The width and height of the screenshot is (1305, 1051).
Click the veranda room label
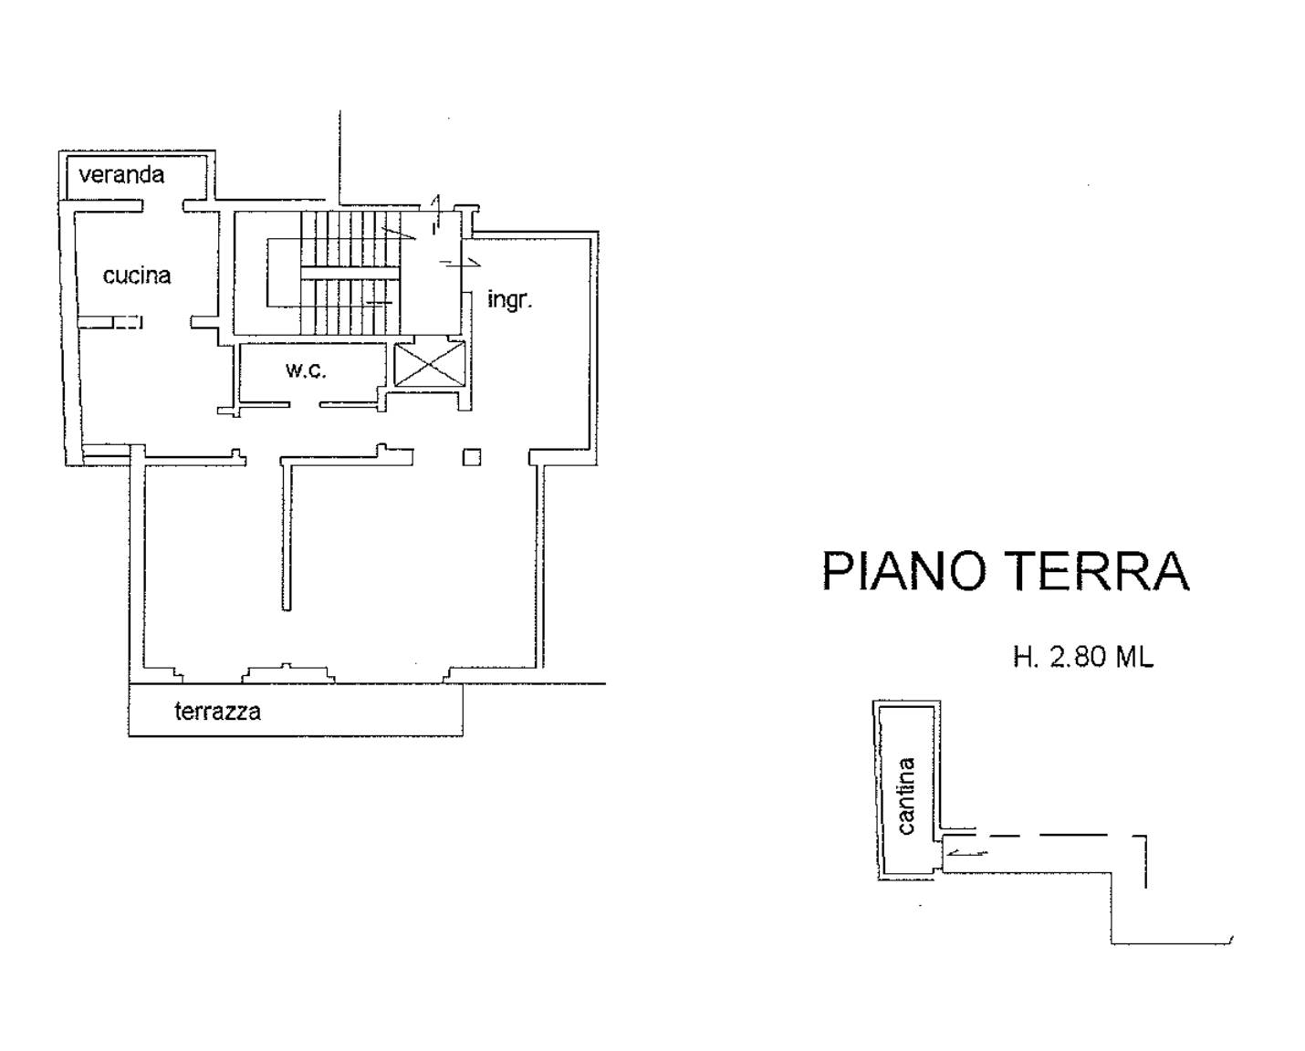point(121,175)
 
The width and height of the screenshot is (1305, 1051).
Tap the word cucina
point(137,276)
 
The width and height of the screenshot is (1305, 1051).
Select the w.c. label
point(305,370)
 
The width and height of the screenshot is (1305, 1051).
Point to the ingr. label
point(509,299)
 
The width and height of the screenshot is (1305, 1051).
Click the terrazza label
point(217,712)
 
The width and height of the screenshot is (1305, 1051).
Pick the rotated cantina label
point(905,796)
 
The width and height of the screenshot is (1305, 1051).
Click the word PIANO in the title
point(903,572)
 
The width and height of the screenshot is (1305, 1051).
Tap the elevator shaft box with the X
point(429,363)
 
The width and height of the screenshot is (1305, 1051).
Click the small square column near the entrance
point(471,457)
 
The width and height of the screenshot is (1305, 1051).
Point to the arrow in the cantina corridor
point(966,854)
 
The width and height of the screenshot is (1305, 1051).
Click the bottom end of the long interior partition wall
point(287,606)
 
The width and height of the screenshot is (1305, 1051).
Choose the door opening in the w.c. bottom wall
point(304,404)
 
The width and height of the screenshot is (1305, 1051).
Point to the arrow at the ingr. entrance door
point(460,263)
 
